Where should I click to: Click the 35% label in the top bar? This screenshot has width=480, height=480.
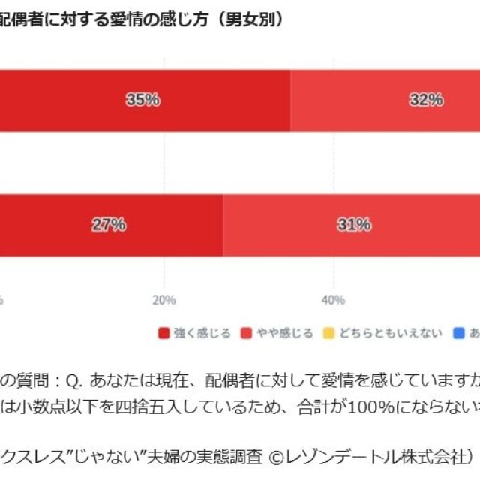(x=142, y=100)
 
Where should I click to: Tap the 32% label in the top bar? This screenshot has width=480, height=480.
(x=425, y=100)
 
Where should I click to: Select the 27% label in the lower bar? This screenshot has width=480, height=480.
(x=109, y=224)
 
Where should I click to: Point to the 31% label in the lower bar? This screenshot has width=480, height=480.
(x=354, y=224)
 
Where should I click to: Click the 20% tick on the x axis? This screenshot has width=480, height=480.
(x=164, y=301)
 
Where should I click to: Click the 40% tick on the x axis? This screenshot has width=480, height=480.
(x=333, y=301)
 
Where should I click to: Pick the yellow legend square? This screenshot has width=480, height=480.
(x=328, y=333)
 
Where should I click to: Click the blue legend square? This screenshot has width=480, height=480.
(x=459, y=333)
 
